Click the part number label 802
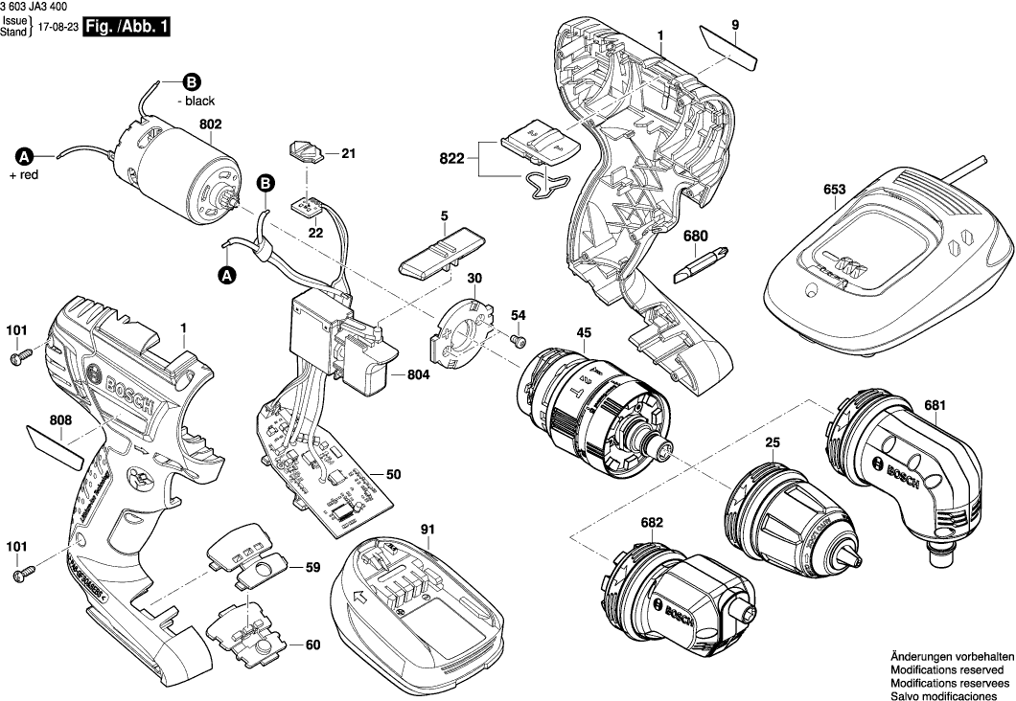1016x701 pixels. (x=210, y=124)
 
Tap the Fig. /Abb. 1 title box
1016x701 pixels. (x=127, y=28)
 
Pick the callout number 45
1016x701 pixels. (x=584, y=333)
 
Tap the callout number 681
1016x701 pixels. (x=935, y=404)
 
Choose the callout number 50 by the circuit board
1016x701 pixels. (x=393, y=473)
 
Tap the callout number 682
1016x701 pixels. (x=651, y=523)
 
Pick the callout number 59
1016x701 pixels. (x=312, y=568)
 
